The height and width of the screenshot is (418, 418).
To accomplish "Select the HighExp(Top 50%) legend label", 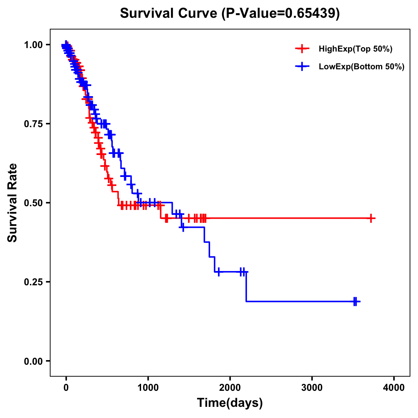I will pos(356,49).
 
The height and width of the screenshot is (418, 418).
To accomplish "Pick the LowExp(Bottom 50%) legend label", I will pos(362,67).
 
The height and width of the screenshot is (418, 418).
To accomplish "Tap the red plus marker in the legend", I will pos(302,49).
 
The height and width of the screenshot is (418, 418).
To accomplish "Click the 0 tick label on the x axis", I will pos(66,388).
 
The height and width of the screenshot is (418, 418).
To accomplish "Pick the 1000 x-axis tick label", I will pos(148,388).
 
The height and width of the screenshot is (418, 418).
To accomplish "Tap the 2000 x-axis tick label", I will pos(230,388).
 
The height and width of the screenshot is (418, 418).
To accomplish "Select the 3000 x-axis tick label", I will pos(312,388).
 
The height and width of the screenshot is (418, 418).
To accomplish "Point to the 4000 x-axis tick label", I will pos(394,388).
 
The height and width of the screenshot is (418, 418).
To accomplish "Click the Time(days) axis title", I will pos(230,403).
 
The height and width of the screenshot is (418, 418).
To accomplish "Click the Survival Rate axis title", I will pos(13,203).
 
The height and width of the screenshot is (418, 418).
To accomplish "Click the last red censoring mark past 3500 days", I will pos(372,218).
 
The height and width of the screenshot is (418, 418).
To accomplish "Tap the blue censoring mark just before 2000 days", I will pos(218,272).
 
